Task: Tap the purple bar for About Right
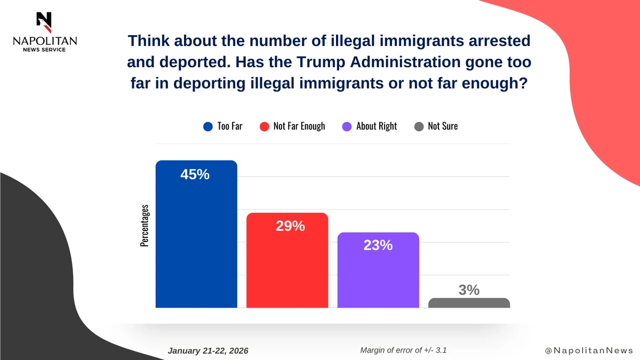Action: pos(378,277)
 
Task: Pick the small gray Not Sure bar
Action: pos(469,303)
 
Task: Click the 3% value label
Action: pos(469,290)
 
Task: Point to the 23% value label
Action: pos(378,245)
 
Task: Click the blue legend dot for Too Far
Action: pos(208,126)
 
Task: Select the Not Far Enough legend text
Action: pos(299,126)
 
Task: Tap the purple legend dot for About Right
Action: pos(347,126)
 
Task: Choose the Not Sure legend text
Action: pos(443,126)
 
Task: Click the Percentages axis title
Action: pos(145,225)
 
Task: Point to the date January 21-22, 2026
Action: pos(208,351)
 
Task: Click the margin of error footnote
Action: pos(407,350)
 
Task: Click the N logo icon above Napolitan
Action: pos(44,20)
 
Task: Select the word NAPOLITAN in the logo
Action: pos(44,41)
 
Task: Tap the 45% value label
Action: pos(195,174)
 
